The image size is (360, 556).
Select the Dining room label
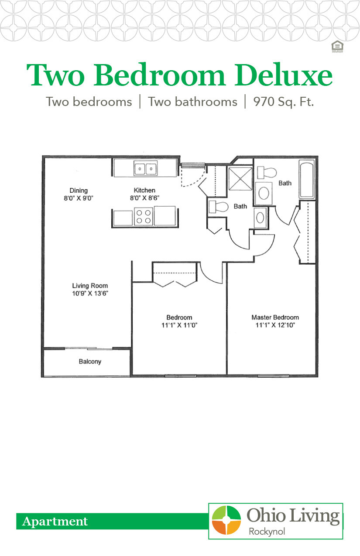(x=79, y=191)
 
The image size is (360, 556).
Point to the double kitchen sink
(x=145, y=168)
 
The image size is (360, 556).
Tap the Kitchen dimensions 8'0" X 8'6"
(x=144, y=198)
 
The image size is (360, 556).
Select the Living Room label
(x=90, y=286)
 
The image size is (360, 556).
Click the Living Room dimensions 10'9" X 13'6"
(x=90, y=293)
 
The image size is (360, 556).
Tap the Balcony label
(x=90, y=362)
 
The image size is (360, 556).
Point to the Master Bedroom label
(x=275, y=317)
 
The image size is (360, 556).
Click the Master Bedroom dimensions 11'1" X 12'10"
(x=275, y=325)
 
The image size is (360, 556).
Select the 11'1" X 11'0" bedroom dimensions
(x=179, y=325)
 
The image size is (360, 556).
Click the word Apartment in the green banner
(x=55, y=522)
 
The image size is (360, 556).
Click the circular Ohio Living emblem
(x=226, y=520)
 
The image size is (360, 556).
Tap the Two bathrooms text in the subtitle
(x=192, y=102)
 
